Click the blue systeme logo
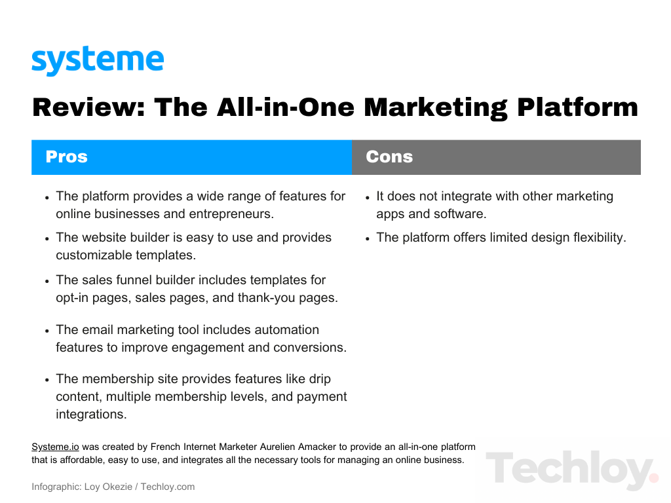tap(98, 62)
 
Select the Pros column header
tap(66, 157)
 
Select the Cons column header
tap(389, 157)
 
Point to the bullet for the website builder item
tap(47, 238)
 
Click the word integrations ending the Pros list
tap(90, 414)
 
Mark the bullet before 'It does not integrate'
tap(368, 197)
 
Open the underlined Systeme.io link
tap(55, 447)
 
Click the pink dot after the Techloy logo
tap(653, 478)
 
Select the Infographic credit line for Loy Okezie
tap(113, 487)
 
